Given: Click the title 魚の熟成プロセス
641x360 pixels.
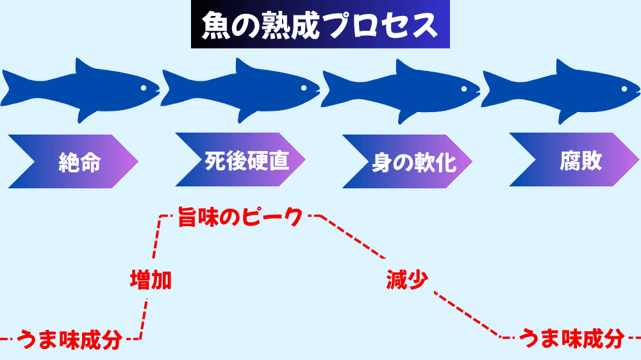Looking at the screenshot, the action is coord(320,24).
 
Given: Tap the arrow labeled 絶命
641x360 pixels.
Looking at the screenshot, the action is coord(74,161).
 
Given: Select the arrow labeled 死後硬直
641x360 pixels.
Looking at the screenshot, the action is coord(240,160).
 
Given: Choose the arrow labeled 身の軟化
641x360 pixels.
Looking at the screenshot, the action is coord(407,161).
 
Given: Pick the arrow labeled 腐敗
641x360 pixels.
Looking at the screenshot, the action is coord(574,160).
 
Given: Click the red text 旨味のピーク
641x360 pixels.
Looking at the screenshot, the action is coord(240,217).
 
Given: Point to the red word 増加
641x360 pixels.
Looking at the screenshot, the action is coord(151,280).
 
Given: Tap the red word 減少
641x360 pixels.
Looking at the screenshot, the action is coord(407,280).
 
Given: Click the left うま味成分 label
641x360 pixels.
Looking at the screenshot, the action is coord(70,340).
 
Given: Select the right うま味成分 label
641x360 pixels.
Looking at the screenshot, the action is coord(572,339).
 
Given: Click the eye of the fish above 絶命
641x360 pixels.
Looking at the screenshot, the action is coord(144,88).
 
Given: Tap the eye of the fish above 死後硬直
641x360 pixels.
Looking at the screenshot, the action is coord(304,88).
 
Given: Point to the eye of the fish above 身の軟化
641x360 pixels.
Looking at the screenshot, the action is coord(464,88).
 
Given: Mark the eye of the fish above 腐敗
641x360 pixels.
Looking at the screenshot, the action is coord(624,88).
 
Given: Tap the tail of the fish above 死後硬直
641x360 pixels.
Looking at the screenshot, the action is coord(171,88).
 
